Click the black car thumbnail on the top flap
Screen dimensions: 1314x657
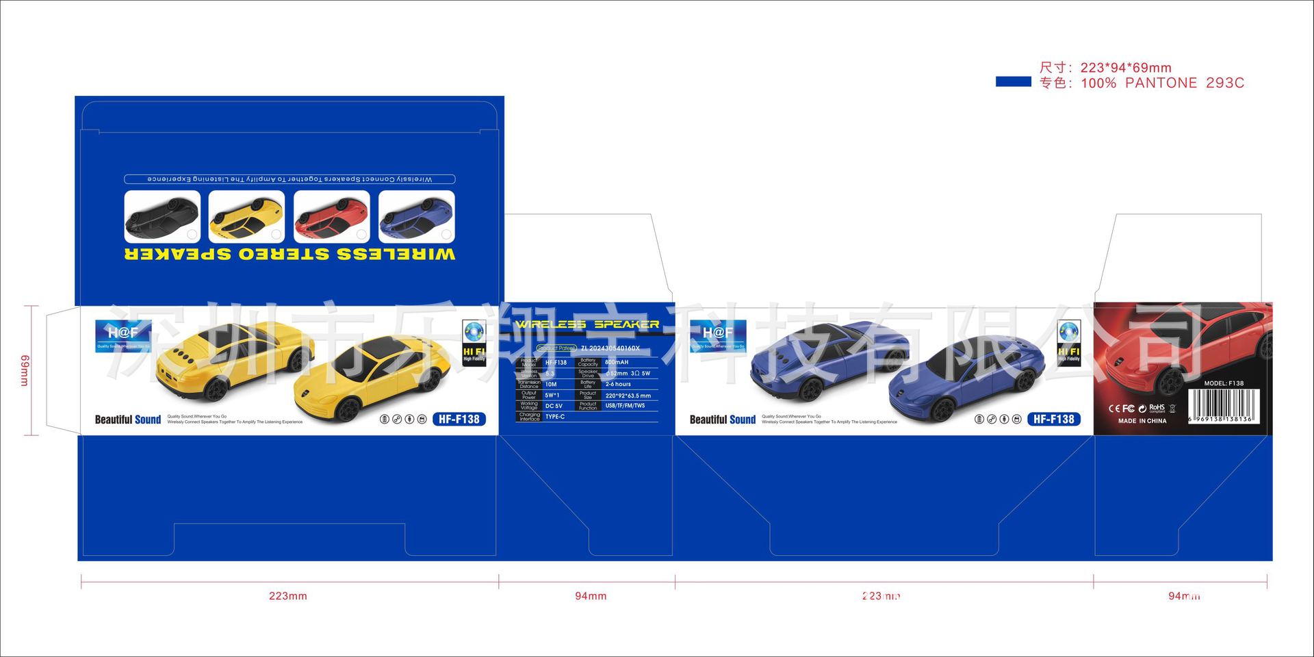(x=162, y=216)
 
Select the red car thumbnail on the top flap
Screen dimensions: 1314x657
(x=331, y=216)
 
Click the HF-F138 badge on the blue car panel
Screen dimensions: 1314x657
(x=1053, y=419)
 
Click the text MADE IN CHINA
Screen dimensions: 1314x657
(x=1142, y=421)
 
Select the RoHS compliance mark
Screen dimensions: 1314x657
(x=1157, y=408)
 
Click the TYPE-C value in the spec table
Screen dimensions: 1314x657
(x=555, y=417)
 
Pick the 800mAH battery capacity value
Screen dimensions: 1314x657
(x=617, y=362)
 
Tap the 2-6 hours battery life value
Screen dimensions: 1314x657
(x=618, y=384)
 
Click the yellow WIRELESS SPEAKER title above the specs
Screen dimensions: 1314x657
(x=587, y=324)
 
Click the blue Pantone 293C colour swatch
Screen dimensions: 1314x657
(x=1013, y=82)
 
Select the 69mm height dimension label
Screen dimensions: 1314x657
(x=25, y=370)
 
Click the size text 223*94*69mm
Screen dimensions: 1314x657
(x=1126, y=68)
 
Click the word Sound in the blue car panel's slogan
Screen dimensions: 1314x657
(x=743, y=420)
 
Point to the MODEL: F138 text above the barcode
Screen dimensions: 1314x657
(x=1224, y=383)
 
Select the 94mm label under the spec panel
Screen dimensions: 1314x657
(x=591, y=596)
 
